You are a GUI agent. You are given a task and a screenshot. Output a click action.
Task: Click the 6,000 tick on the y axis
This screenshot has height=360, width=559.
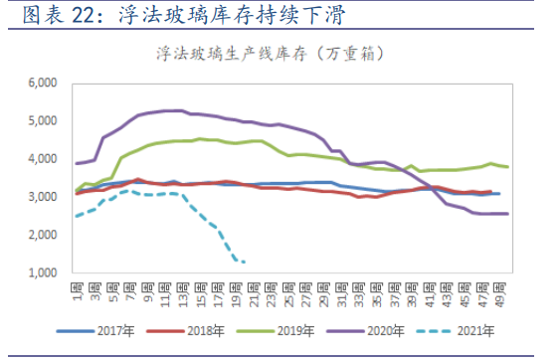coord(44,83)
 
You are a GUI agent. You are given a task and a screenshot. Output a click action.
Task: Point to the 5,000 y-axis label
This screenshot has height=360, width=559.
coord(44,120)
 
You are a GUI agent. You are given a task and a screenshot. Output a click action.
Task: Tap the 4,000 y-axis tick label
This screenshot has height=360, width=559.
coord(44,159)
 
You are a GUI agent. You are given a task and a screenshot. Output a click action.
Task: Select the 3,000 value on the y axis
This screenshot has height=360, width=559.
coord(44,197)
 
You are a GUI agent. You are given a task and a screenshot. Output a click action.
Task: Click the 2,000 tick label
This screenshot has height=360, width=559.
coord(44,235)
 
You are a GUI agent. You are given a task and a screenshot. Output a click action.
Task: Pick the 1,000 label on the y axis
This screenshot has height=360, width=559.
coord(44,272)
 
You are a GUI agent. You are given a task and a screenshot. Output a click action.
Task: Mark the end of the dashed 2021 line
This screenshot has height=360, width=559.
coord(246,262)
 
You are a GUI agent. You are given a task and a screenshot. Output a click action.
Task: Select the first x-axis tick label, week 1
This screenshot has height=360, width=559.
coord(76,283)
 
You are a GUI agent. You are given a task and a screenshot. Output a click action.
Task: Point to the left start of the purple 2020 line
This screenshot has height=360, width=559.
coord(77,163)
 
